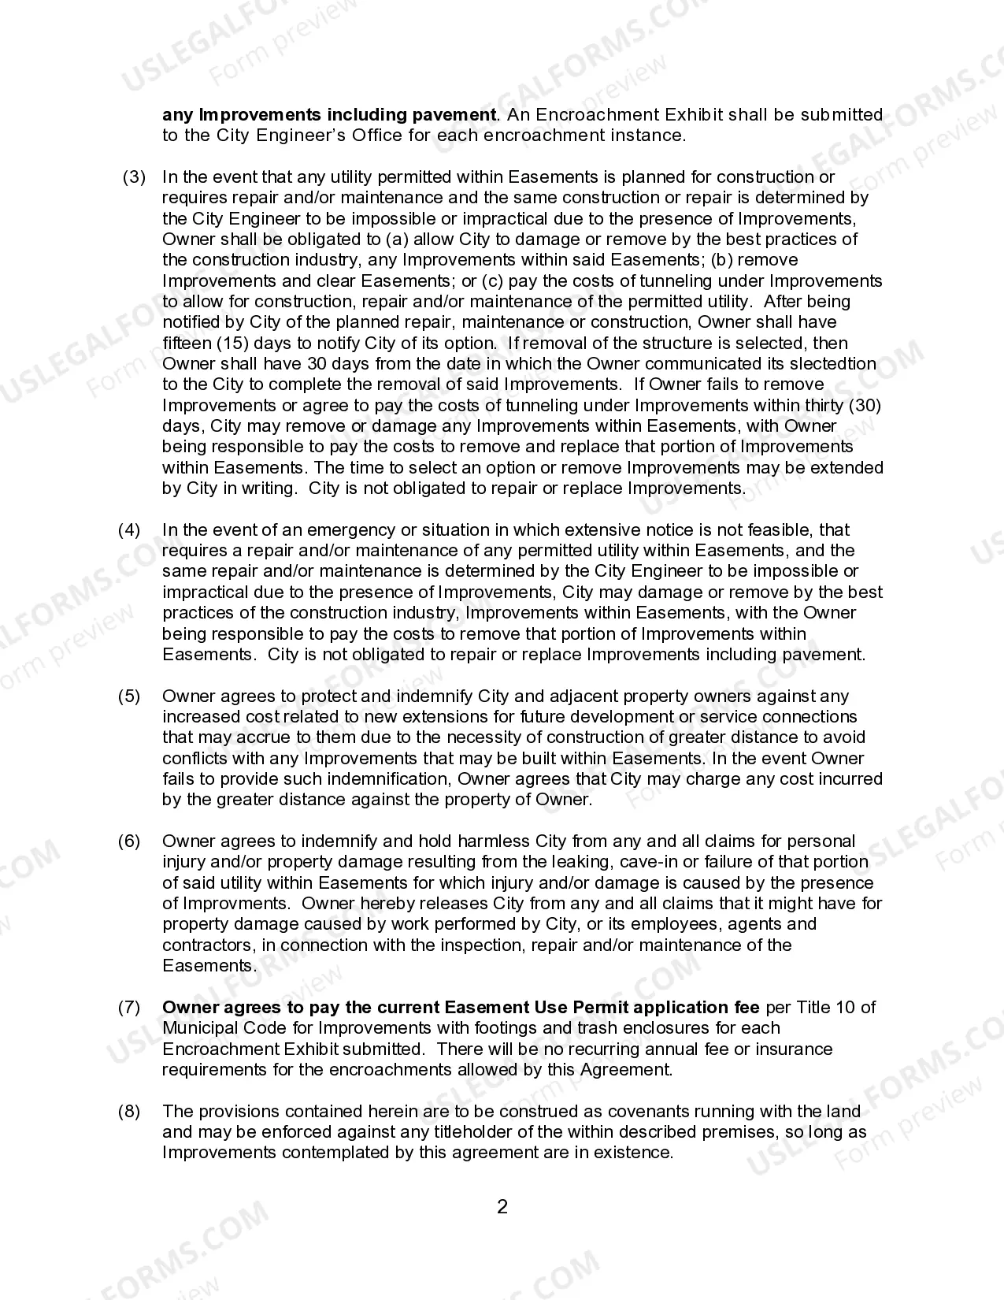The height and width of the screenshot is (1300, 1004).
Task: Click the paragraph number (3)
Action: [134, 177]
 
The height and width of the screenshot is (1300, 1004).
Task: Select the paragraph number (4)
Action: [129, 530]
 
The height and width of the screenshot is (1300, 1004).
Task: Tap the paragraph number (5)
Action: [129, 696]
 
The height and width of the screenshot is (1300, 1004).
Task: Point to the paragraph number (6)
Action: [129, 841]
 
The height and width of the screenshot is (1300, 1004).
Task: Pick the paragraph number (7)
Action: [129, 1008]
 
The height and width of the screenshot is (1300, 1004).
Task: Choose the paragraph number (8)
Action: [129, 1112]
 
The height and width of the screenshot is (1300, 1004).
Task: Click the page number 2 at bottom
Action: [502, 1206]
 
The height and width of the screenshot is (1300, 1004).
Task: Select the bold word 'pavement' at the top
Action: [454, 115]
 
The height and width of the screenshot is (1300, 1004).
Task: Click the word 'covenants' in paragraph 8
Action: [626, 1112]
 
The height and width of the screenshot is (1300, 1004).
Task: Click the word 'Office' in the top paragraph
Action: [377, 136]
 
